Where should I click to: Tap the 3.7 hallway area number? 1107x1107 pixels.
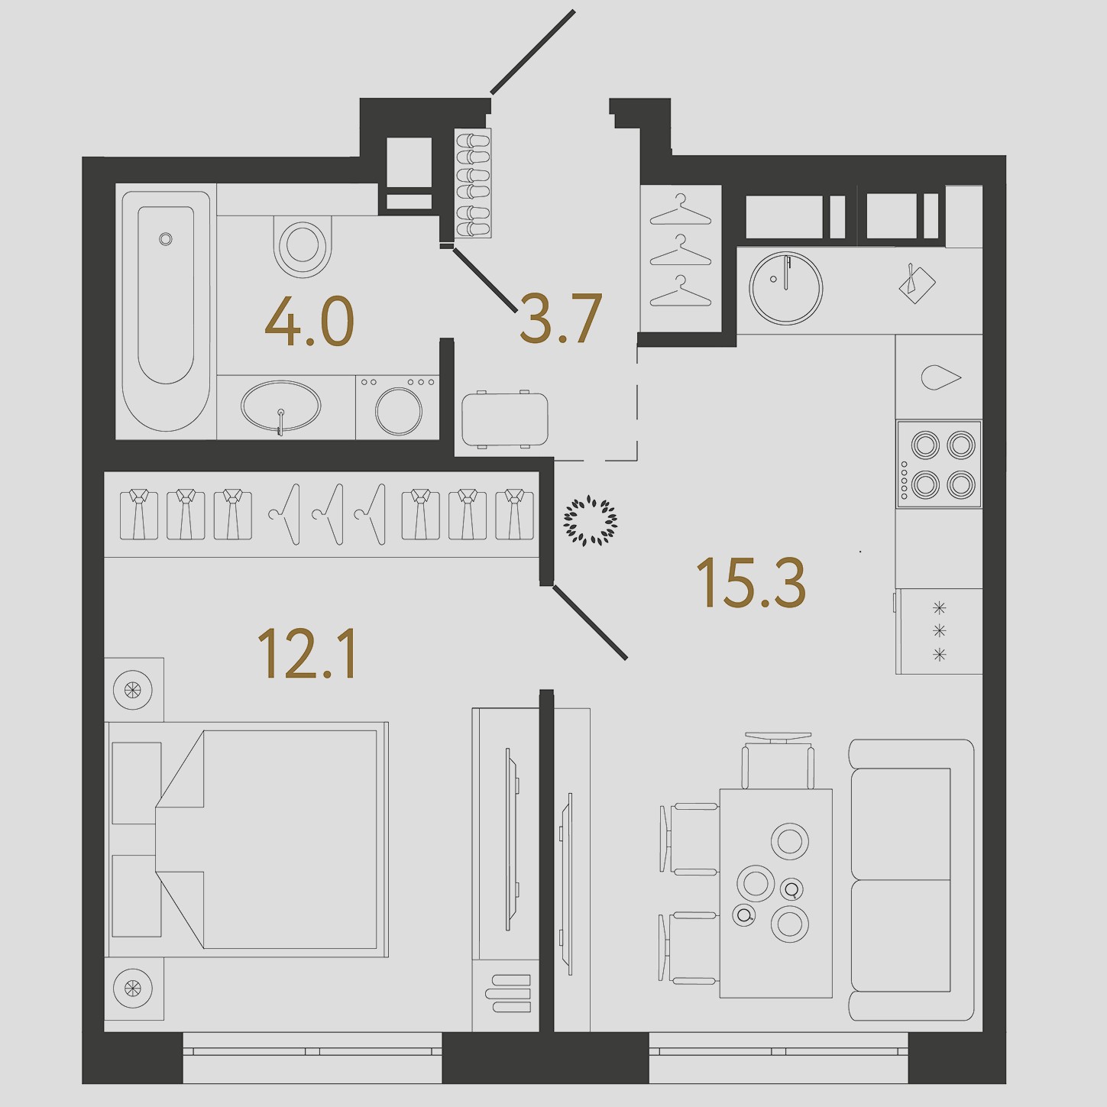click(x=561, y=319)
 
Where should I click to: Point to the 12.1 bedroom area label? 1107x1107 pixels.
click(x=307, y=654)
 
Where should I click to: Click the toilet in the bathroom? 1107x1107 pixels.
click(x=303, y=246)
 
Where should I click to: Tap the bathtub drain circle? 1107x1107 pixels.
click(x=166, y=238)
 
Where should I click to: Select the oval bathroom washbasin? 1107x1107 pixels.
click(x=281, y=406)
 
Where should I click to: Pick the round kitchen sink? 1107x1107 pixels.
click(x=785, y=288)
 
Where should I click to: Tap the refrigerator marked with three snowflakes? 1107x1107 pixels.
click(x=939, y=631)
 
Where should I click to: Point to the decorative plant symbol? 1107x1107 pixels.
click(x=591, y=522)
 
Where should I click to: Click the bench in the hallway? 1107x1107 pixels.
click(x=503, y=419)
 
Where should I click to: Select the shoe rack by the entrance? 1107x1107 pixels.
click(x=474, y=183)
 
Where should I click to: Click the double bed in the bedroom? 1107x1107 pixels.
click(x=247, y=840)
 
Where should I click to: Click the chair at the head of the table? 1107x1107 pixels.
click(x=778, y=760)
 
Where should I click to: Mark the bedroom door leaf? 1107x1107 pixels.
click(x=590, y=622)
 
